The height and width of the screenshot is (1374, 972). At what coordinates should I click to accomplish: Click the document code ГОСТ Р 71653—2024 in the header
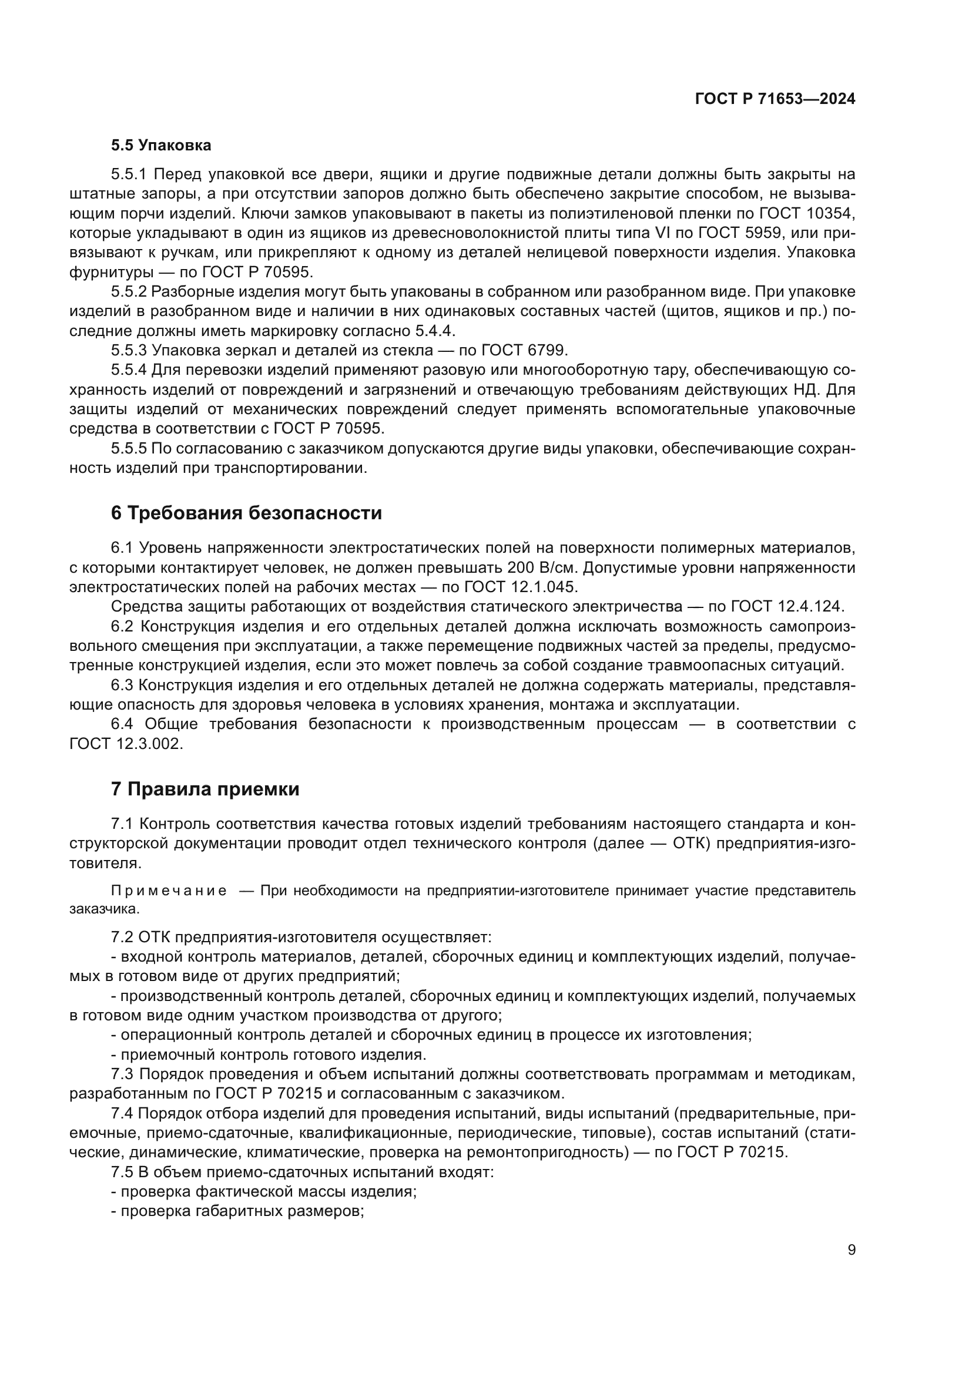click(x=775, y=99)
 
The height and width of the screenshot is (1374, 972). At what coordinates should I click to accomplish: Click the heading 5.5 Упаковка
click(x=160, y=146)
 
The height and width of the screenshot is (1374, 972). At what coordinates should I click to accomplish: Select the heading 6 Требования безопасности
click(x=246, y=513)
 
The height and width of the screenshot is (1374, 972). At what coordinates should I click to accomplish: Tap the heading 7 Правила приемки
click(x=205, y=790)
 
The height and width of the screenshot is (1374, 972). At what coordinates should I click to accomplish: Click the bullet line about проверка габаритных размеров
click(x=237, y=1211)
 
